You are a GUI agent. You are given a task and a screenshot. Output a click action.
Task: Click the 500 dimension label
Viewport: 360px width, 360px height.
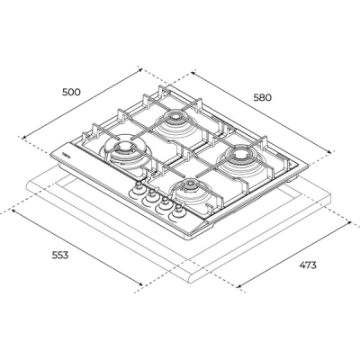click(x=70, y=92)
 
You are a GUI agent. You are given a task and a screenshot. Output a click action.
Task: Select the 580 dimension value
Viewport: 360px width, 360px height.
click(x=263, y=97)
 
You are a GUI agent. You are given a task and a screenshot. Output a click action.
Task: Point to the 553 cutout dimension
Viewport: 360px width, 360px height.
click(x=59, y=255)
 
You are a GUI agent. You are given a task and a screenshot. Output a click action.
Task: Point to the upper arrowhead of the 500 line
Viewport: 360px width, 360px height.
click(x=143, y=67)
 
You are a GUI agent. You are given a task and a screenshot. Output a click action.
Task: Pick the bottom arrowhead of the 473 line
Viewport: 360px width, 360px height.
click(x=240, y=288)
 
